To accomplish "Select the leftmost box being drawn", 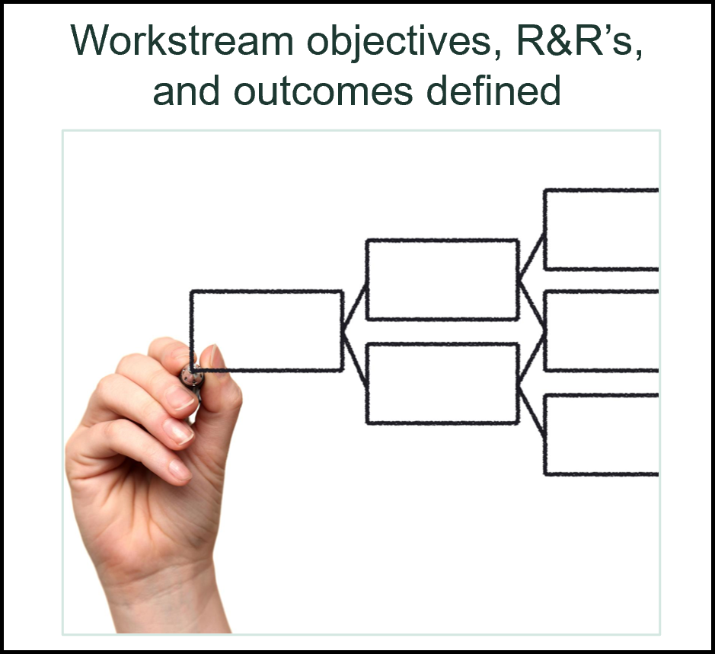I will point(267,331).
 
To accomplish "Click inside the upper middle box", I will point(442,279).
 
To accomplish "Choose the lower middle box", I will point(442,383).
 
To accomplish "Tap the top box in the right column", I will point(602,229).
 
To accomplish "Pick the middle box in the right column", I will point(602,331).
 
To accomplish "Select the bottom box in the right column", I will point(602,434).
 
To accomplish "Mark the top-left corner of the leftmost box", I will point(192,292).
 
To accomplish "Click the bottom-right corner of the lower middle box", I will point(518,422).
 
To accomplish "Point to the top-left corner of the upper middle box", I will point(368,241).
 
